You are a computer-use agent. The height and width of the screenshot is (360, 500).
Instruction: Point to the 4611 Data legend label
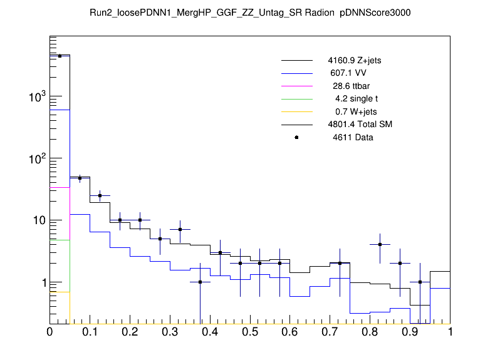353,137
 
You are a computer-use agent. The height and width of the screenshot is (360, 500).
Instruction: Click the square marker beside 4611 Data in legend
296,137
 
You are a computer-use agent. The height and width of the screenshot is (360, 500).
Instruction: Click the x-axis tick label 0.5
250,332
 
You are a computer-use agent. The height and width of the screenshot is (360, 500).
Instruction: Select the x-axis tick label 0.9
410,332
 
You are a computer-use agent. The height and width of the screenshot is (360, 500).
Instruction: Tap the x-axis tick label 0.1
90,332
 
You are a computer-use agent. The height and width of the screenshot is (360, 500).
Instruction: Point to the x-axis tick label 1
450,332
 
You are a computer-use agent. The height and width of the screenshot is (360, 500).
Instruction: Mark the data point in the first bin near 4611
60,56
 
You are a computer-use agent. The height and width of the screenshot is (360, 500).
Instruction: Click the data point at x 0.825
380,244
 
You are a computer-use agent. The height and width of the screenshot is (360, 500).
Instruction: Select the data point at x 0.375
200,282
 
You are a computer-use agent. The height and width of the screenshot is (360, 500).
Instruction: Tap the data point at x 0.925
420,282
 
